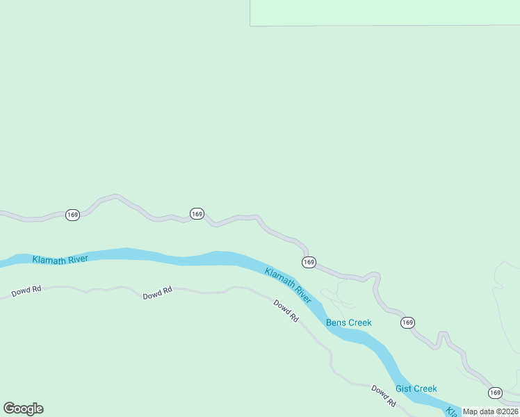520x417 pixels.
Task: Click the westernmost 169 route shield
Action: [x=72, y=215]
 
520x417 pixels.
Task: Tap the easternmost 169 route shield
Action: [x=495, y=393]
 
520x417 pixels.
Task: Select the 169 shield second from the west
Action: [x=197, y=214]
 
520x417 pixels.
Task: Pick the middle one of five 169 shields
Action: [x=309, y=262]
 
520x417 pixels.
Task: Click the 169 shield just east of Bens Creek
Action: [x=407, y=322]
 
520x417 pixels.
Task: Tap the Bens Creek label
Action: [x=349, y=322]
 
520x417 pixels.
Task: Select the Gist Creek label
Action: [x=416, y=389]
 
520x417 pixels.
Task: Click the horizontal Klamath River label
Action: [x=60, y=259]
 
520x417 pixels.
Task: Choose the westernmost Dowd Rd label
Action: [x=26, y=290]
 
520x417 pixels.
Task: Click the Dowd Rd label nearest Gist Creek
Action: [x=383, y=395]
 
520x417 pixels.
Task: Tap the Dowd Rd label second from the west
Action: [x=157, y=294]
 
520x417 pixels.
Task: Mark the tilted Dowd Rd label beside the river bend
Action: [x=286, y=311]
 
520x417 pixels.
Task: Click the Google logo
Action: [x=23, y=409]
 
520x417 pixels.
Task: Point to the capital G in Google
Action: [x=9, y=409]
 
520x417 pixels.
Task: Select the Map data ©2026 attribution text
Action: [x=491, y=411]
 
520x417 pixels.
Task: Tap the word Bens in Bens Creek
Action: [x=336, y=322]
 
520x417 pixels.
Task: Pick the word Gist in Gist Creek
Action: [x=404, y=389]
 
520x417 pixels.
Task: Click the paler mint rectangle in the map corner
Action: [x=384, y=13]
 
